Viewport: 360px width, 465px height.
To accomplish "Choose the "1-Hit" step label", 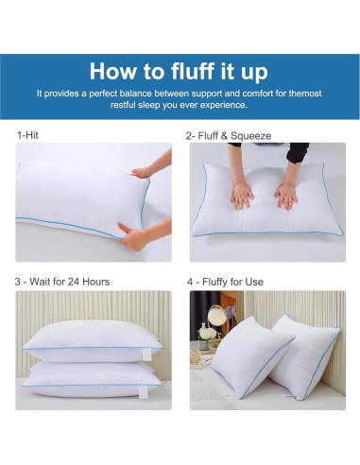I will (x=28, y=135).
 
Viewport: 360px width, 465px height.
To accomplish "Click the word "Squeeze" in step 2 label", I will (x=251, y=135).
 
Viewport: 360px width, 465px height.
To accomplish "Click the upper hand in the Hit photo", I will (x=147, y=168).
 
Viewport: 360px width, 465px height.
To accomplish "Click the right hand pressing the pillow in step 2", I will (x=285, y=195).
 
